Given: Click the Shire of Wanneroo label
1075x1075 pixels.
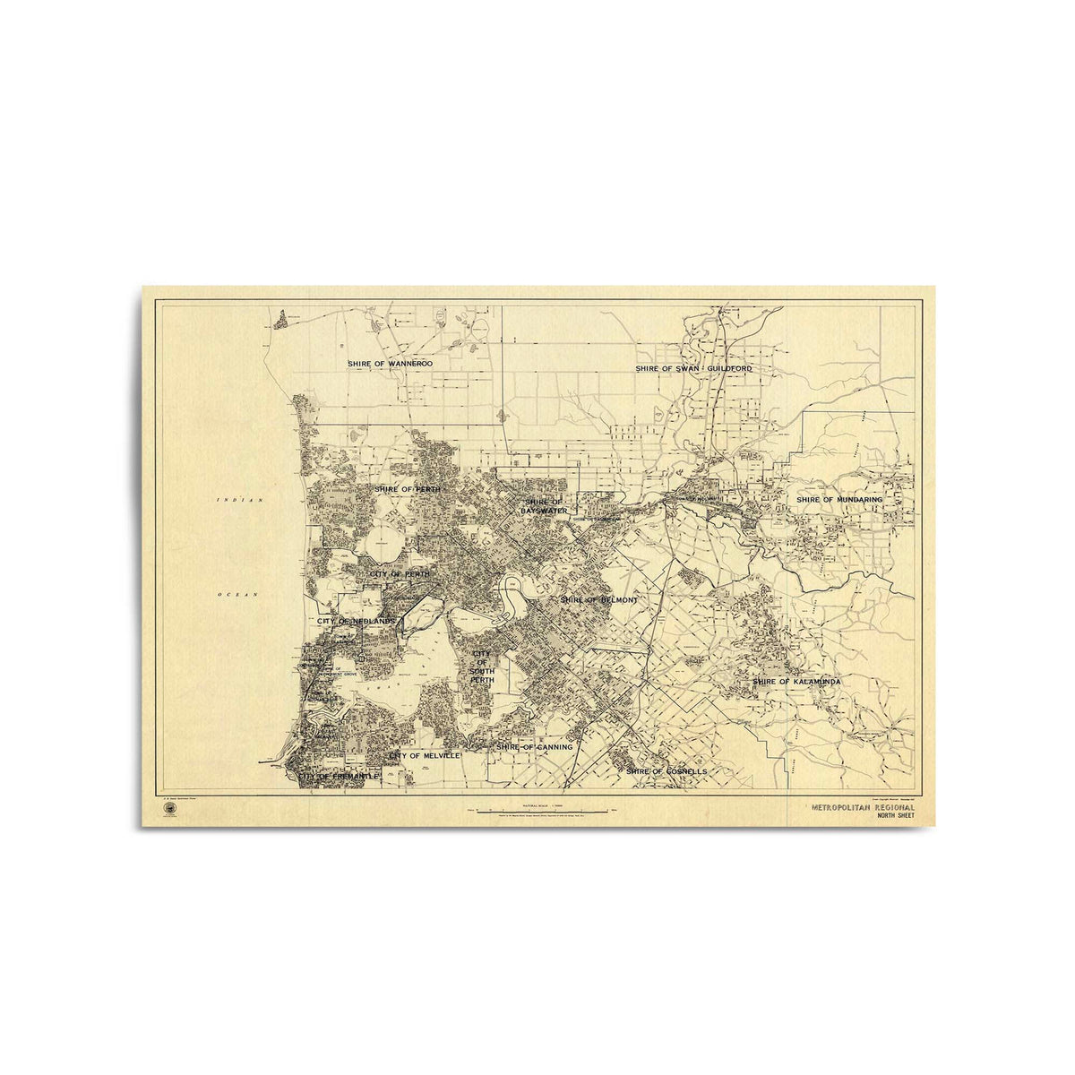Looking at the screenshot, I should click(391, 364).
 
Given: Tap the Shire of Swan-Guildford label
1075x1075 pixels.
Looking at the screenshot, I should click(693, 368).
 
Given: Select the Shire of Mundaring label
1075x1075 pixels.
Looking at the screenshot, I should click(839, 499).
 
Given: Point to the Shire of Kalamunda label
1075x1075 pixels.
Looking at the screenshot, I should click(796, 682).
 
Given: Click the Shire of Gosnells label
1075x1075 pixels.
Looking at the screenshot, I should click(666, 770).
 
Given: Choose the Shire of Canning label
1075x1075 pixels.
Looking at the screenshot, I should click(535, 746).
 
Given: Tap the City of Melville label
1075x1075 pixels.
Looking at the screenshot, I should click(425, 756).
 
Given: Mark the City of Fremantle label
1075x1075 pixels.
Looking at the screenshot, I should click(340, 776).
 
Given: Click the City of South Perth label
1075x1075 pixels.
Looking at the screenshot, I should click(482, 667).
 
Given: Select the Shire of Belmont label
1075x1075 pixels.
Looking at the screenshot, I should click(598, 599).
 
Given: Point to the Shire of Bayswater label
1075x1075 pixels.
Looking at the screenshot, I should click(544, 506).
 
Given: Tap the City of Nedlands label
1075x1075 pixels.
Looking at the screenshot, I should click(356, 621).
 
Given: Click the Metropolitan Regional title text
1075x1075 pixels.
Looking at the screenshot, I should click(863, 807).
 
